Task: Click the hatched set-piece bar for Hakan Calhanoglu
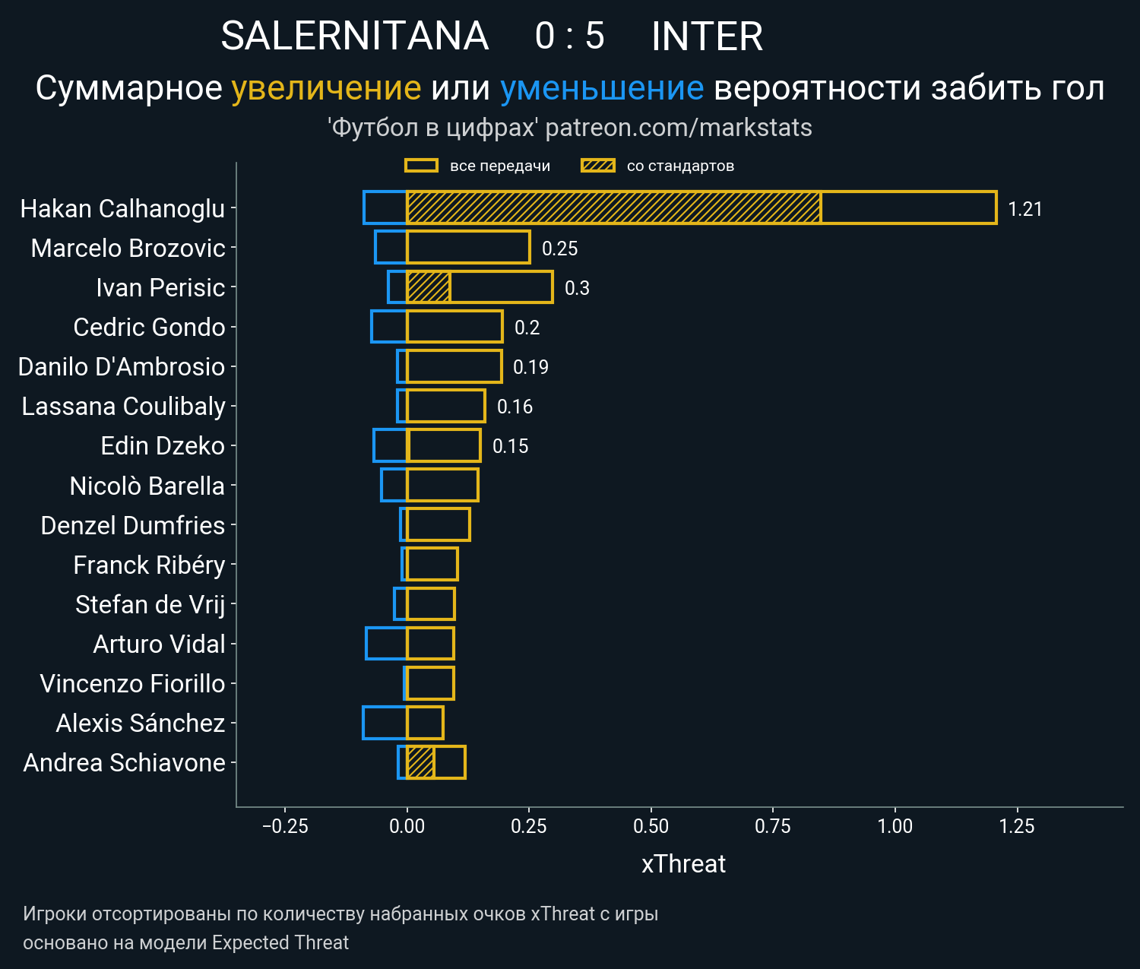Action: (x=613, y=207)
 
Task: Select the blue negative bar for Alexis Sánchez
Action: (x=385, y=723)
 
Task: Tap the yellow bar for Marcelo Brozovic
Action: (x=468, y=248)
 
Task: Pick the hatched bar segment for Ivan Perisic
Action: (x=429, y=287)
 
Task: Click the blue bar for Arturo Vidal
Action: (x=386, y=644)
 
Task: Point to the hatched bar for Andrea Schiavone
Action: (x=420, y=762)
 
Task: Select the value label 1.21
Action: (x=1024, y=209)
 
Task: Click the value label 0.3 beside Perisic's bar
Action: (x=577, y=288)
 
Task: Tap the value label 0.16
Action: (x=515, y=407)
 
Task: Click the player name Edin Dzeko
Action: (x=163, y=446)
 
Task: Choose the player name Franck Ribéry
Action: (x=149, y=565)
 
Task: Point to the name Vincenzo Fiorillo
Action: (x=132, y=684)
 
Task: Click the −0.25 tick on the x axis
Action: (x=285, y=826)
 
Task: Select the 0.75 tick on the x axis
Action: (x=773, y=826)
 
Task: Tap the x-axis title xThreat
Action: (x=683, y=864)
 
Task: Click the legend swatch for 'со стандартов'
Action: (x=597, y=166)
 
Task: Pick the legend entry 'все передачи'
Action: (x=499, y=166)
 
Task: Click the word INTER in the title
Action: (x=707, y=36)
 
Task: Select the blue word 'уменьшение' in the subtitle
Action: (x=602, y=88)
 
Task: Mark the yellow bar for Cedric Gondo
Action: (x=454, y=327)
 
